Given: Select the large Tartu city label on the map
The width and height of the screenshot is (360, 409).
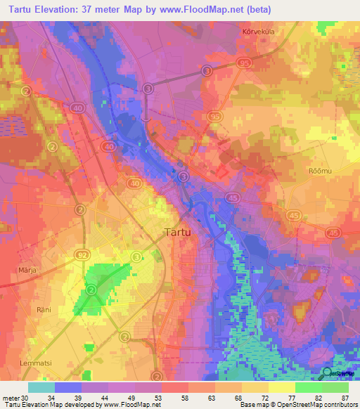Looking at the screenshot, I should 179,232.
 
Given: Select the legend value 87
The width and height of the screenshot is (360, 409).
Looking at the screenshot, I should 344,398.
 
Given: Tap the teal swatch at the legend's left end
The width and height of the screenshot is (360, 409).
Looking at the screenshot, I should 41,387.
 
